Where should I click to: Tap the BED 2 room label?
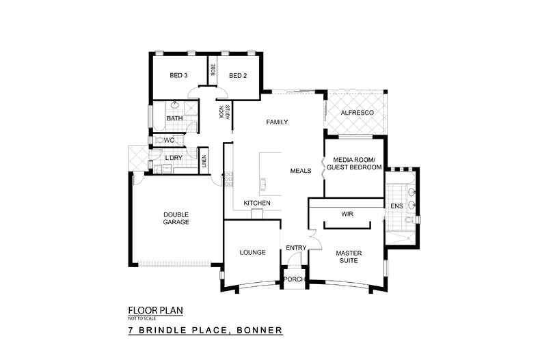237,75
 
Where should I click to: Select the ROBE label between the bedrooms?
213,70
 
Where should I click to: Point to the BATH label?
175,118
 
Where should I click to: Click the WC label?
170,140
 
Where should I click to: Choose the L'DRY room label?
173,158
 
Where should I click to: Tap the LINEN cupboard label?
204,161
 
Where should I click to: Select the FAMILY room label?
277,122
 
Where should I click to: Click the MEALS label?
301,171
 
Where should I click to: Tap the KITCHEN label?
257,204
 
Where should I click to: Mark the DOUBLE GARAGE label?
176,218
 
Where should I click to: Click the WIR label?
347,214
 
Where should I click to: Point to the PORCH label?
294,280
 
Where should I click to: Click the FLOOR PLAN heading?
155,310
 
